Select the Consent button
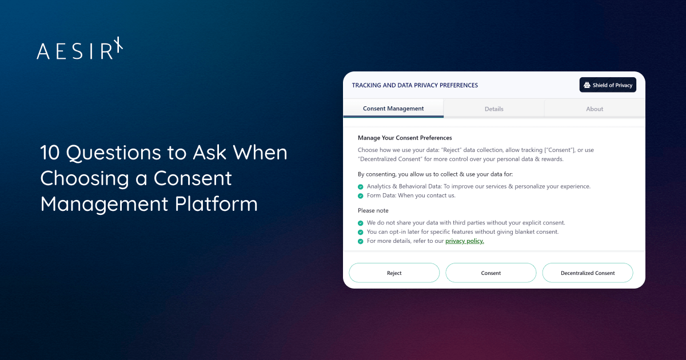pyautogui.click(x=490, y=273)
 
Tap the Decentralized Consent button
pyautogui.click(x=587, y=273)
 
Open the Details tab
pyautogui.click(x=494, y=109)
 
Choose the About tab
pyautogui.click(x=595, y=109)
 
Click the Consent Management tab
pyautogui.click(x=393, y=109)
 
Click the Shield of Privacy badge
pyautogui.click(x=608, y=85)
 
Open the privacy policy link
pyautogui.click(x=464, y=241)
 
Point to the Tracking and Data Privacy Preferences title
pyautogui.click(x=414, y=85)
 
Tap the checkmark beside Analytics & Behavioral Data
pyautogui.click(x=361, y=187)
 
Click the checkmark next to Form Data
pyautogui.click(x=361, y=196)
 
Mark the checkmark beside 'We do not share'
pyautogui.click(x=361, y=223)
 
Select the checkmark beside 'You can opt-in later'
pyautogui.click(x=361, y=232)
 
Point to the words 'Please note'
pyautogui.click(x=373, y=211)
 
